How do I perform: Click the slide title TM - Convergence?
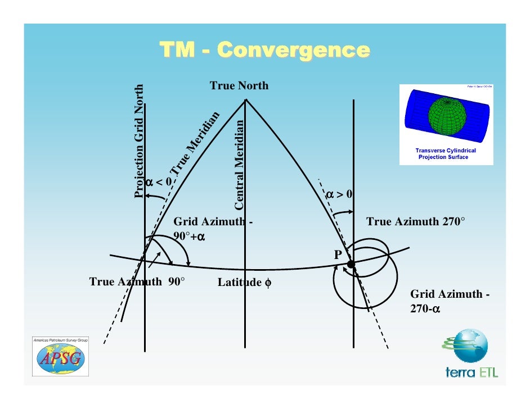pos(264,50)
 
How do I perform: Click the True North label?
pos(239,86)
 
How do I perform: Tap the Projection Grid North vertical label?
pos(140,141)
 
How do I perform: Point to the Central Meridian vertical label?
pos(239,162)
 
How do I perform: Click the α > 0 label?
pos(340,194)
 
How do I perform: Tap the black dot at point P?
pos(351,263)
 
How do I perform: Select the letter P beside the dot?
pos(338,255)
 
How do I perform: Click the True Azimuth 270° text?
pos(416,222)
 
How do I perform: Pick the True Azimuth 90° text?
pos(137,282)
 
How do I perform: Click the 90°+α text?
pos(188,237)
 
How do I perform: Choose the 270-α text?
pos(425,309)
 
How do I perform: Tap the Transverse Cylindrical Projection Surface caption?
pos(445,154)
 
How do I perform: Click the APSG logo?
pos(60,357)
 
